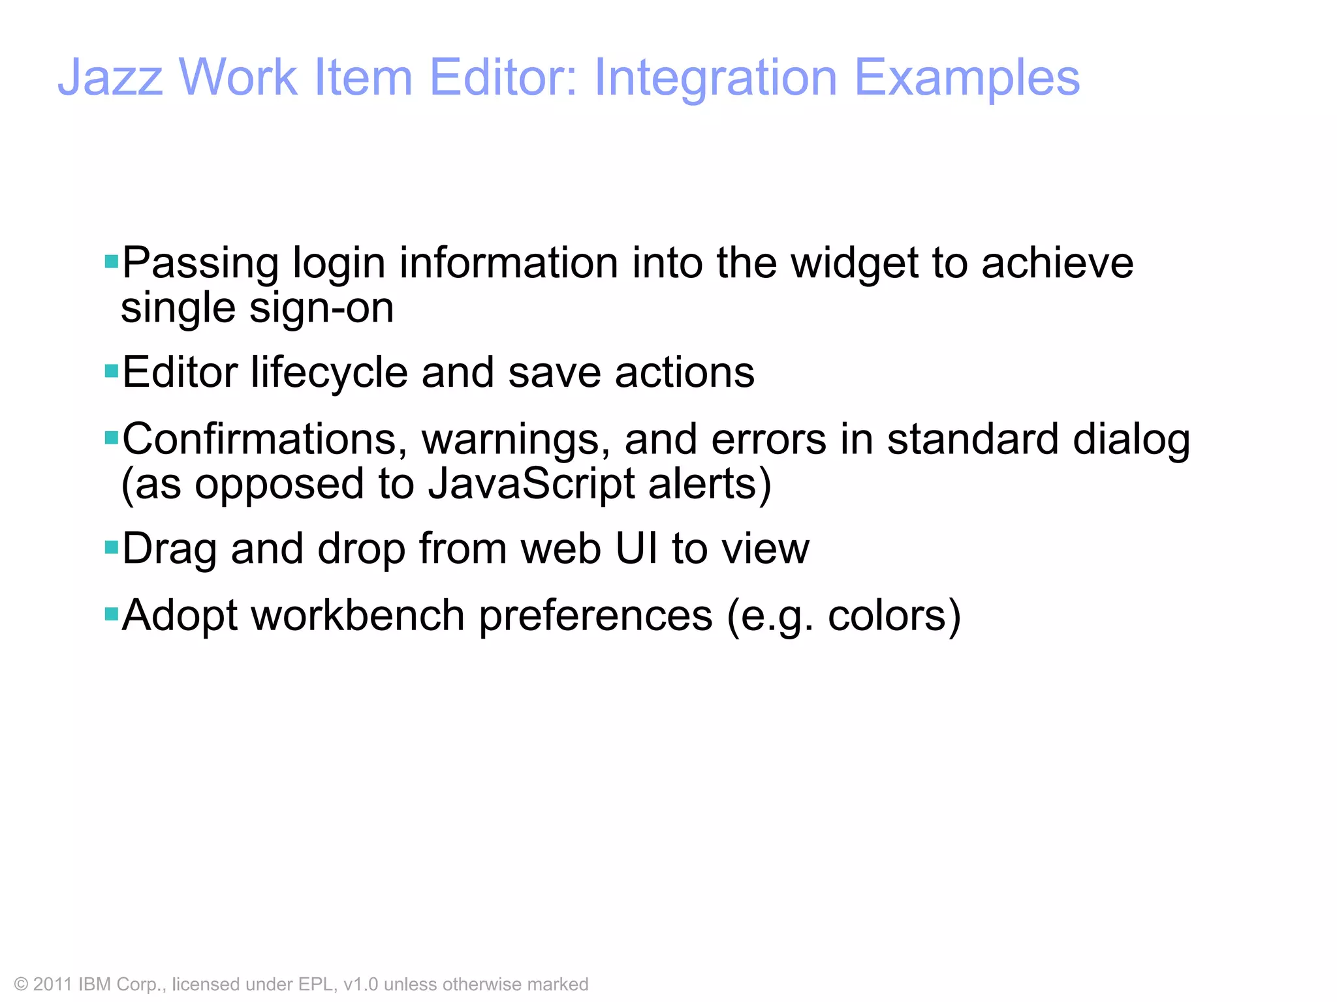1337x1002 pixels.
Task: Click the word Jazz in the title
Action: pyautogui.click(x=110, y=78)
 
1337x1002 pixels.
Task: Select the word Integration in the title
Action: pyautogui.click(x=715, y=78)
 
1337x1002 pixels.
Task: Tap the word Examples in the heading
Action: pyautogui.click(x=967, y=78)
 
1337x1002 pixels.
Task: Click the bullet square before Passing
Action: pyautogui.click(x=111, y=262)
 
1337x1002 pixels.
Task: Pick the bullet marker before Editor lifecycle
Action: pyautogui.click(x=111, y=371)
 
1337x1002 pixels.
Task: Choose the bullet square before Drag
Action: pyautogui.click(x=111, y=546)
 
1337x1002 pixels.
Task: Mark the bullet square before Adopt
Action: pyautogui.click(x=111, y=613)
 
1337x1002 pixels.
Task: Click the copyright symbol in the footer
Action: pyautogui.click(x=21, y=984)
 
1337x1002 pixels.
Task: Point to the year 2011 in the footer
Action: pyautogui.click(x=52, y=984)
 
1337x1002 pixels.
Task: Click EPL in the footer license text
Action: pyautogui.click(x=317, y=984)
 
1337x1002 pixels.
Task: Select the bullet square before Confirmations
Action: pyautogui.click(x=111, y=437)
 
